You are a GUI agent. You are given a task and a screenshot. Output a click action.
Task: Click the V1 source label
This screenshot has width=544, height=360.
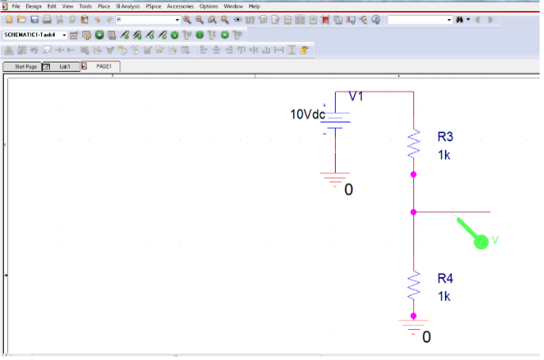(356, 97)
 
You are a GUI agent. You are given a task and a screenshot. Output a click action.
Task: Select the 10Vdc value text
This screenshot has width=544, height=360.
(308, 115)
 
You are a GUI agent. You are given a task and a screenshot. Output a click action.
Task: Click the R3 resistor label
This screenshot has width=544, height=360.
(446, 136)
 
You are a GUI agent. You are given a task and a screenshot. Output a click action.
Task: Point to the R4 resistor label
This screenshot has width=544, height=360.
(446, 279)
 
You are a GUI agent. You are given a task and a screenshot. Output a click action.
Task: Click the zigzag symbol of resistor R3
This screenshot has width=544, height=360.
(413, 144)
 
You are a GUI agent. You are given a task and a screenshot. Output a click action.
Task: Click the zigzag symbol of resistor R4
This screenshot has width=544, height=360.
(413, 286)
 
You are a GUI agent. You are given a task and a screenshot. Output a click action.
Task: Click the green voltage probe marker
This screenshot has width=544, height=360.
(481, 241)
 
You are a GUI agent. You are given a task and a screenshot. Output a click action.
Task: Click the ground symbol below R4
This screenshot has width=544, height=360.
(413, 326)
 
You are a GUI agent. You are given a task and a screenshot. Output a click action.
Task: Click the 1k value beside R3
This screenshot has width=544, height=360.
(443, 155)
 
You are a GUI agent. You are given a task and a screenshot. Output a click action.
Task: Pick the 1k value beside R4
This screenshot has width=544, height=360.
(443, 297)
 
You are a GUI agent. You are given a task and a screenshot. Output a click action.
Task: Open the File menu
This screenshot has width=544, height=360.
(16, 6)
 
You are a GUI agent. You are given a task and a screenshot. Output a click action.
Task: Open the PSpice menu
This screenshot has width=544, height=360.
(154, 6)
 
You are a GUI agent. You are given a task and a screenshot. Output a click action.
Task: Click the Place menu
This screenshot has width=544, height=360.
(104, 6)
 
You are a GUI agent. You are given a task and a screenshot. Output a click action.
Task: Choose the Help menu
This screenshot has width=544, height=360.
(254, 6)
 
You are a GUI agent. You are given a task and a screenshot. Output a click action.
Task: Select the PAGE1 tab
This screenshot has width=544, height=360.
(104, 66)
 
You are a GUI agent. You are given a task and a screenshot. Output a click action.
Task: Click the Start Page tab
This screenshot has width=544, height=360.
(25, 66)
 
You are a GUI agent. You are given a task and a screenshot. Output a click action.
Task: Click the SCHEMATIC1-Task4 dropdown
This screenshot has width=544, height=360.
(36, 35)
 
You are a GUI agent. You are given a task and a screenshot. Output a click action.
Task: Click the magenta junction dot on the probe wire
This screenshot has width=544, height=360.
(413, 212)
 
